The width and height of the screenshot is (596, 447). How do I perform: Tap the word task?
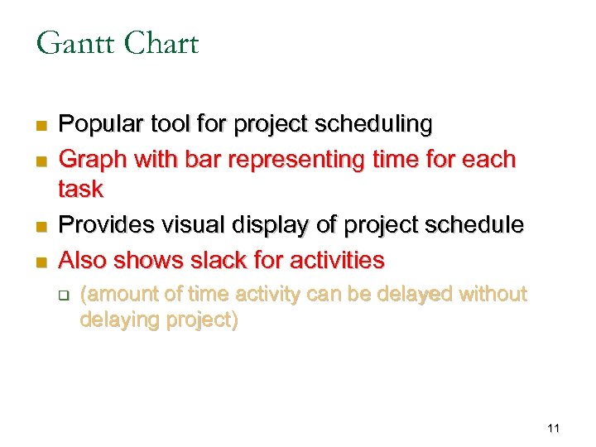[x=80, y=190]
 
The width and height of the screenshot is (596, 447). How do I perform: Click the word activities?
[x=337, y=261]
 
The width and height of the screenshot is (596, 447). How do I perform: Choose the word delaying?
[x=118, y=320]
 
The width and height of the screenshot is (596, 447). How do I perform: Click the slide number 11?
[x=554, y=428]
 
